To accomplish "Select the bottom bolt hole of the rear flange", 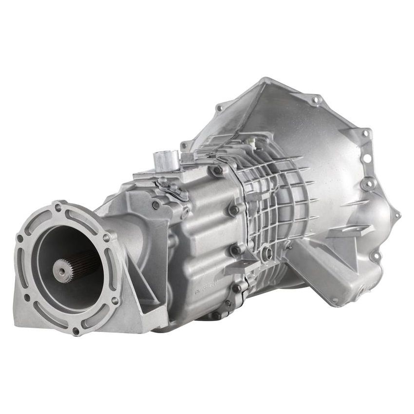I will [x=75, y=331].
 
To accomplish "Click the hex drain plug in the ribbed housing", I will [x=266, y=252].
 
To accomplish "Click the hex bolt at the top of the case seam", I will [x=217, y=170].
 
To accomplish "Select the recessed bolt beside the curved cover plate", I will [x=155, y=205].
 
